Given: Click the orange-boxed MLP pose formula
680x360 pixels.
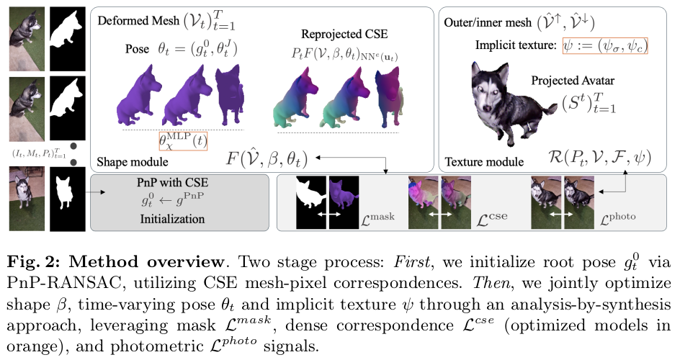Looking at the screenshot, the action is tap(182, 139).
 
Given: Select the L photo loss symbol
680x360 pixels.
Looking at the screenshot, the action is tap(620, 215).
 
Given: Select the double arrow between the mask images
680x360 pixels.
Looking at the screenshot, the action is tap(328, 215).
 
